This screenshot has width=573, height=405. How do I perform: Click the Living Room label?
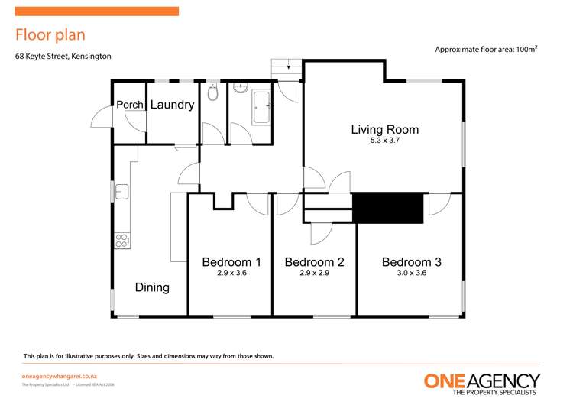click(x=384, y=129)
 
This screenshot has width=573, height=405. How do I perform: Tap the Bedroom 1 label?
click(x=231, y=262)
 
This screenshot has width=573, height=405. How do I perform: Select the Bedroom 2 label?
click(x=314, y=262)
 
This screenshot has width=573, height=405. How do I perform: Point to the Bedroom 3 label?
click(x=411, y=262)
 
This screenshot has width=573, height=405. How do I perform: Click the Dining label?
click(x=152, y=287)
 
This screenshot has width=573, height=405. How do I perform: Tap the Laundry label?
click(x=172, y=105)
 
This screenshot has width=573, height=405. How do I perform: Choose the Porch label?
click(x=129, y=105)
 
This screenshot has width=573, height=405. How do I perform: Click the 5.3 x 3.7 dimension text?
click(x=384, y=141)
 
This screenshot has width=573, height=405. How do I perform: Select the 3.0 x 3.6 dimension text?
click(x=411, y=273)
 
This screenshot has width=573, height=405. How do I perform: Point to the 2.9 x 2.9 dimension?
click(x=314, y=273)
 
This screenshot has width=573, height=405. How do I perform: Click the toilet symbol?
click(x=213, y=93)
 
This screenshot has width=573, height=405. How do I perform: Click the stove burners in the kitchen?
click(x=121, y=240)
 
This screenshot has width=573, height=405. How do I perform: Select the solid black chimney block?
click(x=387, y=208)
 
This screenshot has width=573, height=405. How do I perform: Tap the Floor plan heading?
click(x=50, y=34)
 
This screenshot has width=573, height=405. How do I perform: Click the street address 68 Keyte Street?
click(x=63, y=56)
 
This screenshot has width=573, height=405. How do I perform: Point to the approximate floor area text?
click(x=486, y=50)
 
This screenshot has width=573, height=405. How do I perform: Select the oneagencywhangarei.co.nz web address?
click(x=60, y=377)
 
